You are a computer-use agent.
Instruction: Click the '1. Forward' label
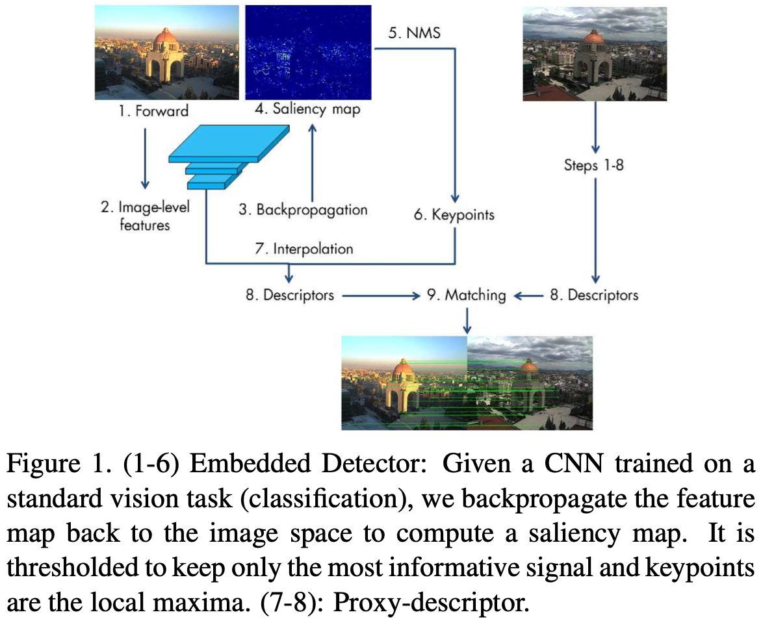tap(153, 111)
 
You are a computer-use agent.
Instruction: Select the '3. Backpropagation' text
tap(303, 210)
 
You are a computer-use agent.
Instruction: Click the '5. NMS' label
tap(414, 33)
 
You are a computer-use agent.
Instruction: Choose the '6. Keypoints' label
tap(454, 214)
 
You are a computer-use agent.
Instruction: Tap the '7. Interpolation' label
tap(304, 249)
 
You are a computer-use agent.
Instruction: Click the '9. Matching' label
tap(466, 296)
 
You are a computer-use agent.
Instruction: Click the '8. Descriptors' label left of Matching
tap(290, 296)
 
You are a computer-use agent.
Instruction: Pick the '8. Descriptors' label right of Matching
tap(594, 296)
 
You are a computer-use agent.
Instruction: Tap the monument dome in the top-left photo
tap(164, 38)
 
